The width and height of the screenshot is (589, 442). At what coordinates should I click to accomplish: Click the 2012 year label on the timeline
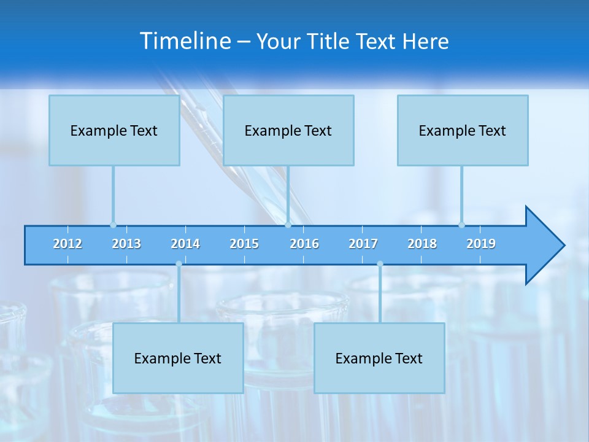point(67,244)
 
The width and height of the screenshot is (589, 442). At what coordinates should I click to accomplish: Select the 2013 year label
point(126,244)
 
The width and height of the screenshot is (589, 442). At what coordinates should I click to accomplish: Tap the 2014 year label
point(185,244)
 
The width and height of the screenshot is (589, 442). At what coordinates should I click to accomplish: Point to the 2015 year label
point(244,244)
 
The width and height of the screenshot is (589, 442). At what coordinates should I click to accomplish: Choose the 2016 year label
point(304,244)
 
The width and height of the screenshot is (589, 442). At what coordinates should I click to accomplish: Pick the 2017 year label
point(363,244)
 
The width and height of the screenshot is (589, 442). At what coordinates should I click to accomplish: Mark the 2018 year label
point(422,244)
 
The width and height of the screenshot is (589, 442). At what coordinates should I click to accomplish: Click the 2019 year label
point(481,244)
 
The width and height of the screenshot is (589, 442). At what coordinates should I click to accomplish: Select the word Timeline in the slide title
point(185,41)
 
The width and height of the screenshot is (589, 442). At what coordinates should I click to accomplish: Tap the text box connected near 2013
point(114,130)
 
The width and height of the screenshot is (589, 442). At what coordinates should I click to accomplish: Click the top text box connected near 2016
point(288,130)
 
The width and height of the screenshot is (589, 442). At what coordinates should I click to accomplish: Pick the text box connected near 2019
point(463,130)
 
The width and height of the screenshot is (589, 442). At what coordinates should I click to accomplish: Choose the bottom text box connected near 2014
point(178,358)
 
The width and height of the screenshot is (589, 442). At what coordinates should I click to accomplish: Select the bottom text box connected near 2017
point(379,358)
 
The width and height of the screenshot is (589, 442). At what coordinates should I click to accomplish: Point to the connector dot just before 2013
point(113,225)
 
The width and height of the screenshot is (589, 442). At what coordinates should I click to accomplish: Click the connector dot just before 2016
point(288,225)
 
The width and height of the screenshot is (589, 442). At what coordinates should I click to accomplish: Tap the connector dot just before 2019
point(461,225)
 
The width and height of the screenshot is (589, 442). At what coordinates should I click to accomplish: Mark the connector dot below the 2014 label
point(179,264)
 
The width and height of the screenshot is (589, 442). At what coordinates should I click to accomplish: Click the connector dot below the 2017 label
point(380,264)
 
